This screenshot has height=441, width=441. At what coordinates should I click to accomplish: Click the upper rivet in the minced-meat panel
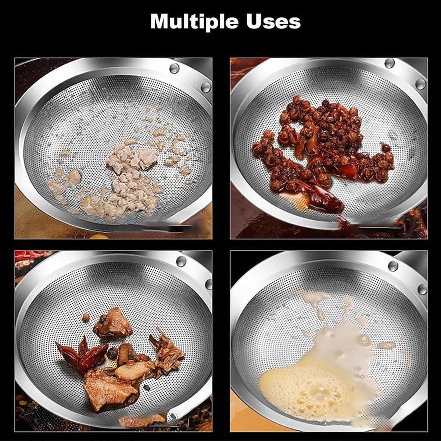click(174, 68)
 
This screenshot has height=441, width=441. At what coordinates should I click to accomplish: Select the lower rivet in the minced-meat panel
click(206, 87)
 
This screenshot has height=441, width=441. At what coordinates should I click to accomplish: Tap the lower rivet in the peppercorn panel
click(420, 84)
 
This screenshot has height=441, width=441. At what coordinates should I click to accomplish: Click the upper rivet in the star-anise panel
click(181, 261)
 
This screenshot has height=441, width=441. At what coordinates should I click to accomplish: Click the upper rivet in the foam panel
click(393, 266)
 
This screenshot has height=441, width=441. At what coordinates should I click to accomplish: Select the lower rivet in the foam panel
click(422, 289)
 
